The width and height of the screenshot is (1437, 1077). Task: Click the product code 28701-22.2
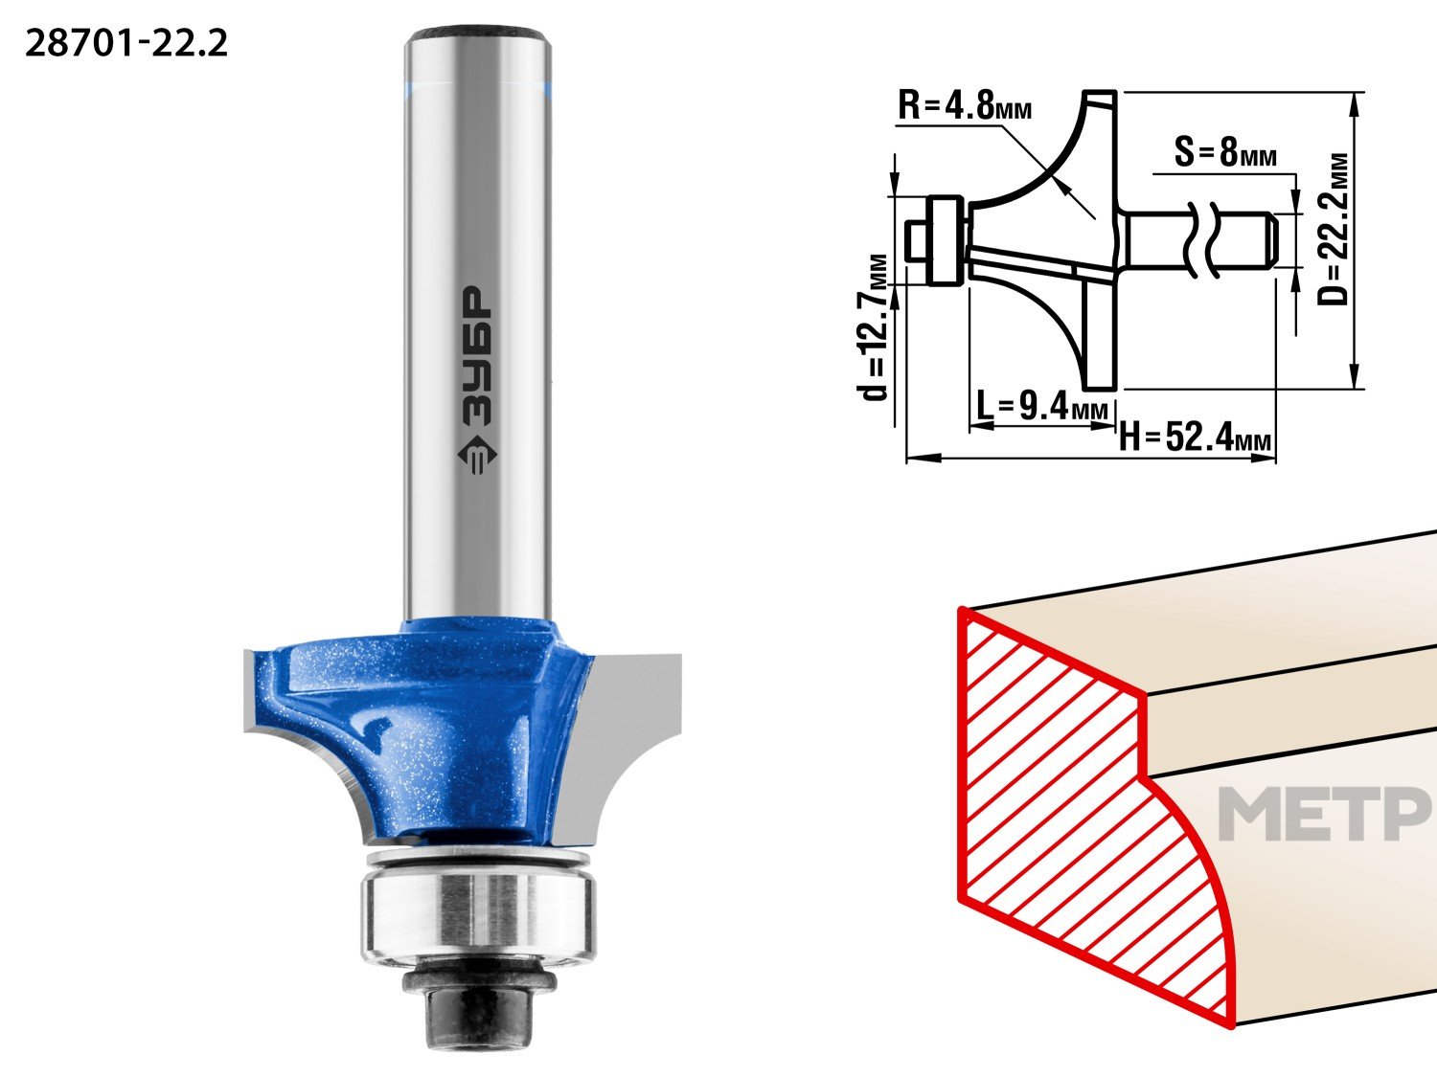pyautogui.click(x=125, y=44)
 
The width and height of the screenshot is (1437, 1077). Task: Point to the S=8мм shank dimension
pyautogui.click(x=1225, y=152)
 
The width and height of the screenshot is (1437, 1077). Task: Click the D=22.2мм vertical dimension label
pyautogui.click(x=1334, y=230)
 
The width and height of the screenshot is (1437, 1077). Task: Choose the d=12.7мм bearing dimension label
pyautogui.click(x=872, y=327)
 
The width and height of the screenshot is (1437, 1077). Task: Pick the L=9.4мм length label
pyautogui.click(x=1042, y=406)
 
